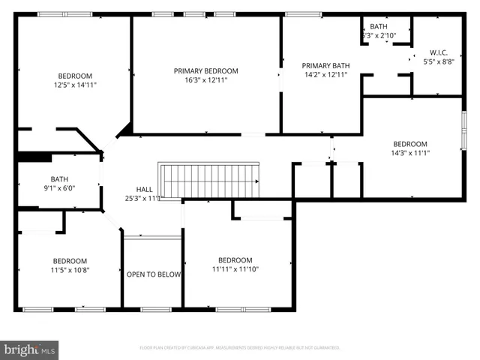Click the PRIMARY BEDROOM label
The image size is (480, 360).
pos(205,70)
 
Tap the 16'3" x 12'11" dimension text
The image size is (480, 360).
pos(205,79)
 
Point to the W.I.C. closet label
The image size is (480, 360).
pos(438,52)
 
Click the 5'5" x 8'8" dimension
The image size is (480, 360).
pos(438,61)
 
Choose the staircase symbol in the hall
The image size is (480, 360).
pos(209,181)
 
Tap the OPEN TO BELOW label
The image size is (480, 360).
pos(153,274)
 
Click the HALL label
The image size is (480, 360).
pos(145,189)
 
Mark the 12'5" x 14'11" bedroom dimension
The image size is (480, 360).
pos(75,85)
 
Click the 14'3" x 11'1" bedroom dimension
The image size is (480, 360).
pos(410,153)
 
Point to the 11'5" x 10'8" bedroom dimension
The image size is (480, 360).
pos(69,270)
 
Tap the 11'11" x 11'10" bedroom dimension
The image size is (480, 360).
pos(235,269)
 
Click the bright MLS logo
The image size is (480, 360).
pos(30,349)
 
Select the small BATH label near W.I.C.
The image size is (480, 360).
pos(378,26)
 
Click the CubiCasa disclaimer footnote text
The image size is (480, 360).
pos(240,347)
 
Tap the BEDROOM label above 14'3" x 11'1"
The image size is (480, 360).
pos(410,144)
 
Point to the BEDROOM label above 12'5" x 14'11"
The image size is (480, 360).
pos(75,76)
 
